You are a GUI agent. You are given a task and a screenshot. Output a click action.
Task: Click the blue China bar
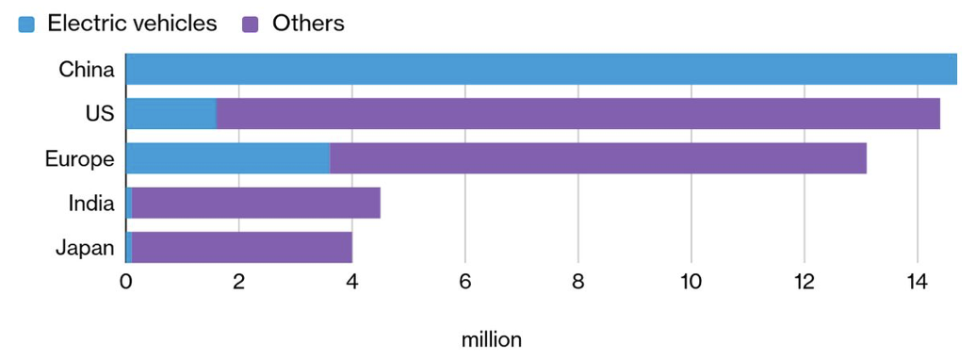point(542,69)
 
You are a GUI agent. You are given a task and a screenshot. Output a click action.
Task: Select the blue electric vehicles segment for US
point(171,113)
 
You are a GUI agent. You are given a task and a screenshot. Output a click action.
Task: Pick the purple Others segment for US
point(578,113)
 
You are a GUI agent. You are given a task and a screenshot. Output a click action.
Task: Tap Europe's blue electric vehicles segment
point(228,158)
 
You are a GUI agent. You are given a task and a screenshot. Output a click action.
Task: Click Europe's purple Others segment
point(598,158)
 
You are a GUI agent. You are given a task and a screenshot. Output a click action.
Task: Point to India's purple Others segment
point(256,203)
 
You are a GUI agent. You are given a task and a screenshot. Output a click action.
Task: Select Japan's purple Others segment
point(242,247)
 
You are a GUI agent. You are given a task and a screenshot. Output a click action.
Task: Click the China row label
point(87,70)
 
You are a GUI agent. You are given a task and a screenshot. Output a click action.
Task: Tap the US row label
point(100,114)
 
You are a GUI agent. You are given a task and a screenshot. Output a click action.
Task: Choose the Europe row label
point(80,159)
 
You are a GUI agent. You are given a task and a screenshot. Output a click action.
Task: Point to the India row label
point(91,204)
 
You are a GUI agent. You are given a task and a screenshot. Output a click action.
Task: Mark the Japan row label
point(86,249)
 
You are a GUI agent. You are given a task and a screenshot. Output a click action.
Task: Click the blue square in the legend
point(26,25)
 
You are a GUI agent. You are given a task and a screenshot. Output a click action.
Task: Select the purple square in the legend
point(250,25)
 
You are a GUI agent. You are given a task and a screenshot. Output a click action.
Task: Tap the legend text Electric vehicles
point(132,24)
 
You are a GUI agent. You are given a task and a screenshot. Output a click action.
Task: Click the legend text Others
point(308,24)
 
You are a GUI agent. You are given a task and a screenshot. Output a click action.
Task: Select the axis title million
point(492,340)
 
